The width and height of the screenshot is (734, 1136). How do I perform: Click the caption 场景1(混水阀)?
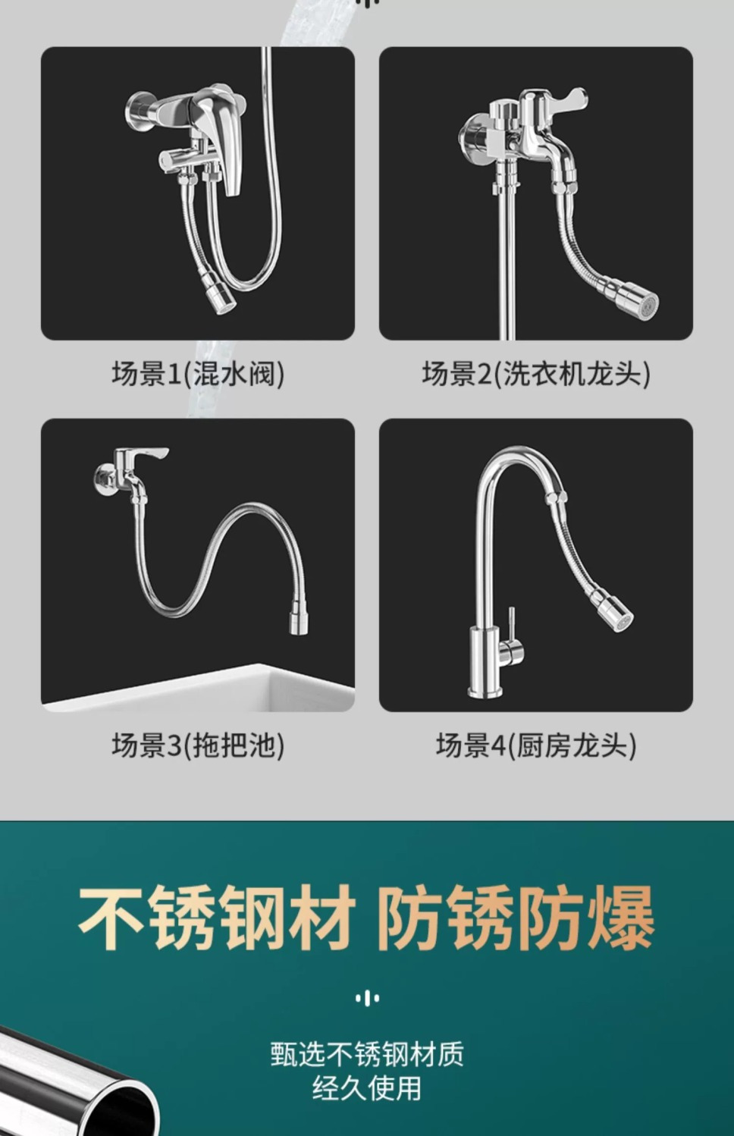point(198,374)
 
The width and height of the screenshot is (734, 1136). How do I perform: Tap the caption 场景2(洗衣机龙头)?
point(536,374)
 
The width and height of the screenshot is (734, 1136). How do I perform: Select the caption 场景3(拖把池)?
point(198,745)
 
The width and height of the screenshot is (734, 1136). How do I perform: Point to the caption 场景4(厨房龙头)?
point(536,745)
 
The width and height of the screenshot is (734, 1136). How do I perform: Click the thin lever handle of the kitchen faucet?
point(511,625)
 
